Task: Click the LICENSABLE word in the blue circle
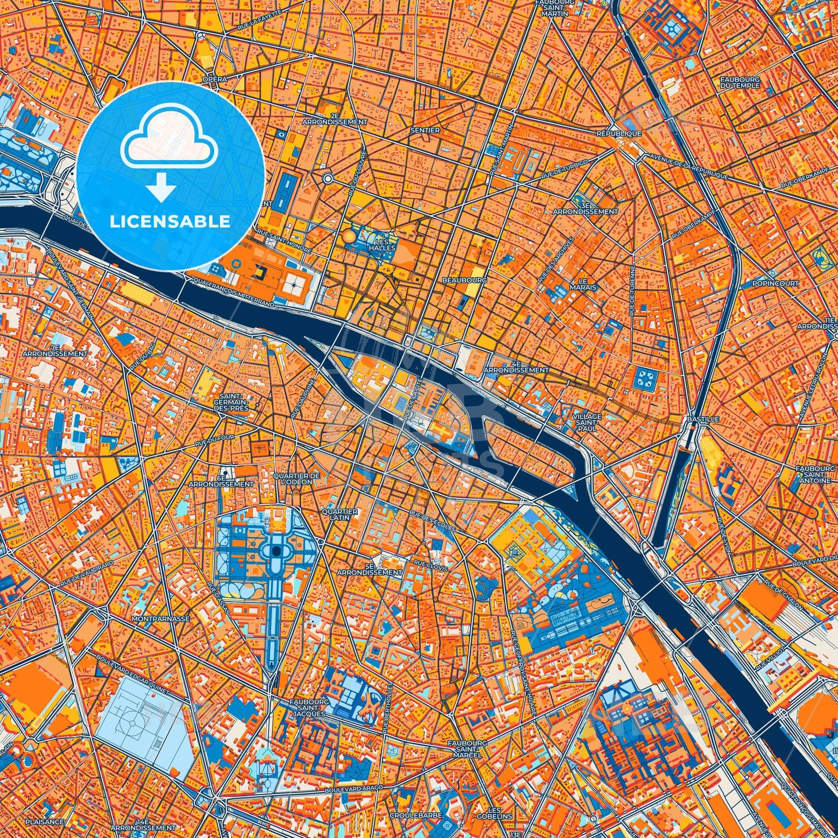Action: pos(170,222)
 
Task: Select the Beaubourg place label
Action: pos(464,280)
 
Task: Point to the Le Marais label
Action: pos(583,284)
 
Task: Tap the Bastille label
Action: pos(702,419)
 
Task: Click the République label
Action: pos(619,133)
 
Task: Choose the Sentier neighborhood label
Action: pos(425,130)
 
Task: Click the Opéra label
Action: pos(213,78)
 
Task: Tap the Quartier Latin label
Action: pos(340,514)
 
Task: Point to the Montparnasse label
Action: pos(161,619)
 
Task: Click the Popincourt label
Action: pos(775,284)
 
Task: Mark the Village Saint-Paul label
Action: pos(586,423)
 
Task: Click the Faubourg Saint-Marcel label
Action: pos(465,749)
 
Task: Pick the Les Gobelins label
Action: pos(495,813)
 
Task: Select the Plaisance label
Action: pos(45,822)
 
